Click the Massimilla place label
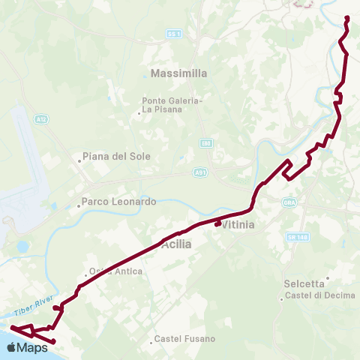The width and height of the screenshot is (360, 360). coord(178,73)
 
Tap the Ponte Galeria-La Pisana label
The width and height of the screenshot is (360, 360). coord(172,104)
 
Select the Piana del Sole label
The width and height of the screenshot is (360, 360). coord(116,156)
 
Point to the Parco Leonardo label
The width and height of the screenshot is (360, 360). coord(118,202)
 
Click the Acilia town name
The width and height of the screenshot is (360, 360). coord(176,244)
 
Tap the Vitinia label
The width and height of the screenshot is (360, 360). coord(239,224)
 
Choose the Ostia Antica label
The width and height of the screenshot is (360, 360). coord(116,271)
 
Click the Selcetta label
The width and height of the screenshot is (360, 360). coord(304,283)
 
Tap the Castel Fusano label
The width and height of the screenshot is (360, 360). coord(184,339)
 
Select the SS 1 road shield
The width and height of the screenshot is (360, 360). coord(174,34)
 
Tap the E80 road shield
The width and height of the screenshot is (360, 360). coord(206,142)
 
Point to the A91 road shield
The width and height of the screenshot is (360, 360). coord(201,171)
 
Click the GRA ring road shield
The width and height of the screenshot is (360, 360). coord(289,202)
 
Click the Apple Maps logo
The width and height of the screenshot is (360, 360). coord(28,348)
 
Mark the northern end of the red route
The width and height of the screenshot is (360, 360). coord(346,17)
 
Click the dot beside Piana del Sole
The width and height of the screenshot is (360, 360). coord(79,160)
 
